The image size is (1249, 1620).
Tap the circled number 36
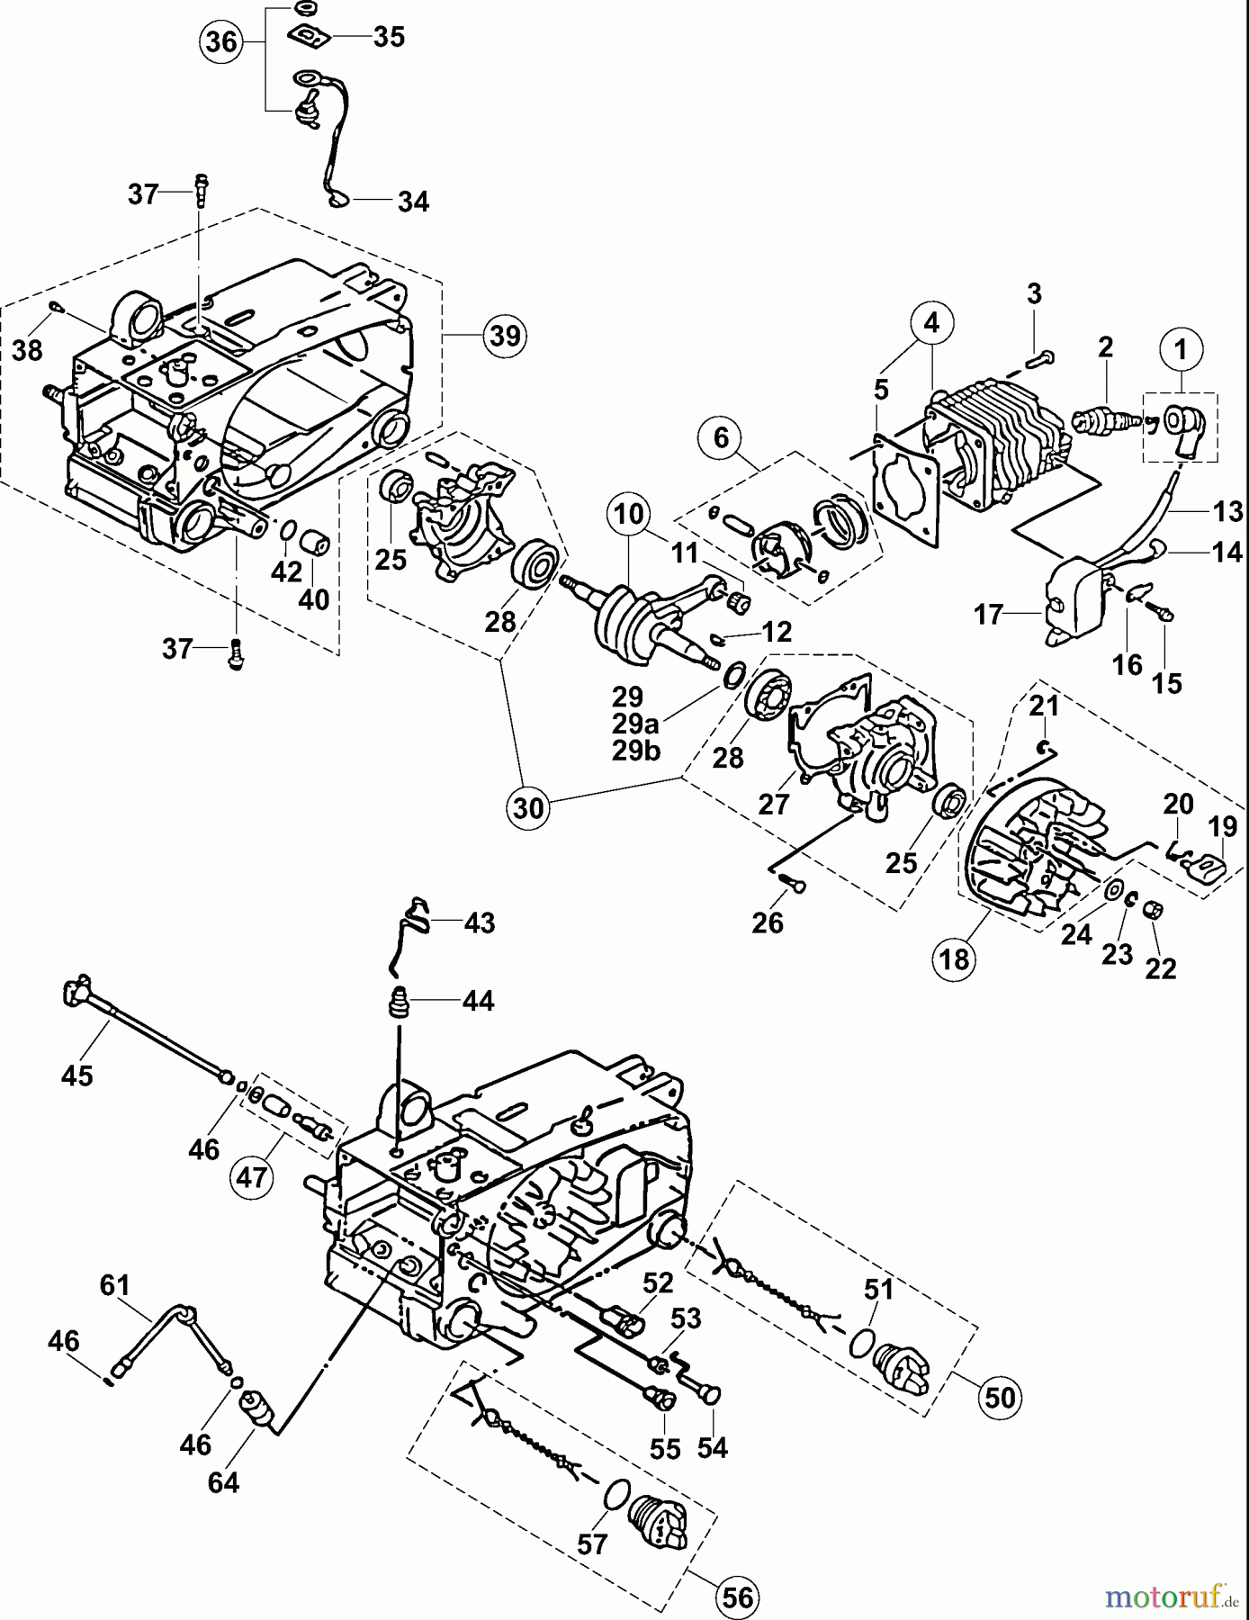pyautogui.click(x=221, y=41)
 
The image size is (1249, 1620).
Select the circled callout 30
pyautogui.click(x=529, y=807)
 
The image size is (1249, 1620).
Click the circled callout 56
pyautogui.click(x=736, y=1597)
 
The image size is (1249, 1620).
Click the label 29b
pyautogui.click(x=636, y=751)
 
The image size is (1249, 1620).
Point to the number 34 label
pyautogui.click(x=413, y=202)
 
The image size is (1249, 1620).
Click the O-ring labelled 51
pyautogui.click(x=861, y=1347)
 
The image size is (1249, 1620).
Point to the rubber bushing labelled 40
pyautogui.click(x=316, y=545)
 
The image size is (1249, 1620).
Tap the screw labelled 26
pyautogui.click(x=794, y=887)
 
